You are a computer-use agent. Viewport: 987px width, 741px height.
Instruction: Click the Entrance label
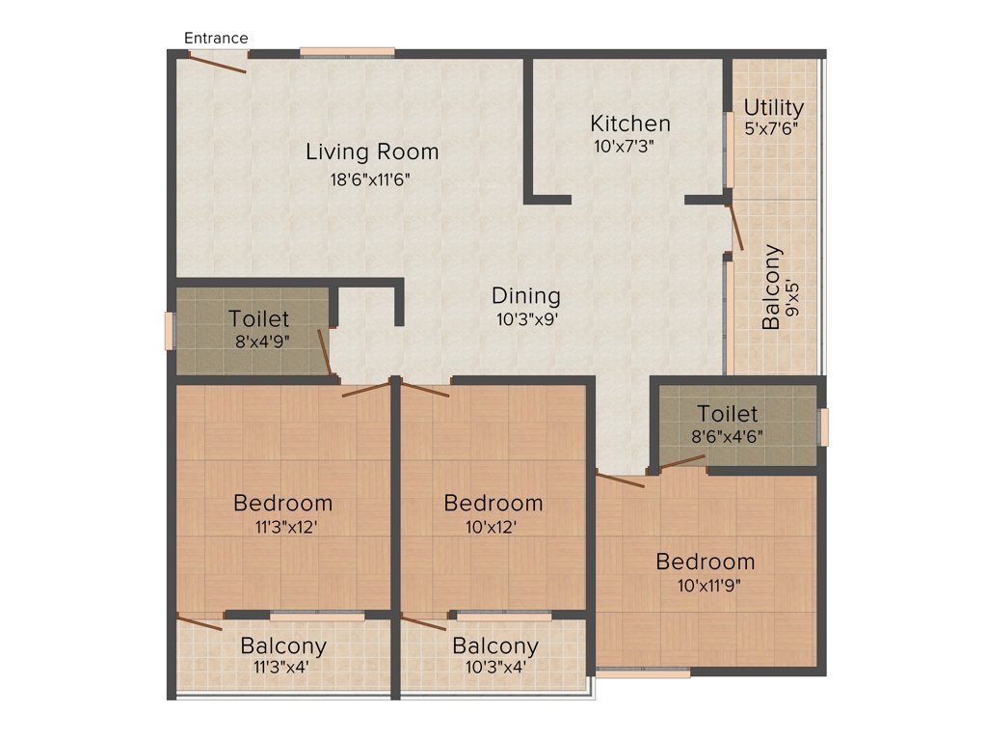tap(216, 38)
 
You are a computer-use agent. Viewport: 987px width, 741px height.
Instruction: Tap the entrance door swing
tap(217, 63)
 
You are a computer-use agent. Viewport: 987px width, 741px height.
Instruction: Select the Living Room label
tap(372, 151)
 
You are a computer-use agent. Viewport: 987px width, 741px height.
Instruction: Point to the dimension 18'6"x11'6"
tap(372, 178)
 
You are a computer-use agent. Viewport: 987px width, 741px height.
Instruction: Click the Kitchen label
tap(630, 123)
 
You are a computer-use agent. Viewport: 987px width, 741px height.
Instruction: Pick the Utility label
tap(773, 107)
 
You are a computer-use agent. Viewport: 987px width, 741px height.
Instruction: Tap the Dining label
tap(525, 296)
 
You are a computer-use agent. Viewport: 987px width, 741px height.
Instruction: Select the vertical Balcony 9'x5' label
tap(772, 288)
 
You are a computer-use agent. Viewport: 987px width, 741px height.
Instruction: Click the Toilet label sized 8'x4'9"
tap(258, 318)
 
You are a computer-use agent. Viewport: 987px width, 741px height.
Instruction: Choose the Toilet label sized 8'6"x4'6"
tap(728, 415)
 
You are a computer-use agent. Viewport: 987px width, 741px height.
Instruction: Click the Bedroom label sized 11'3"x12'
tap(283, 503)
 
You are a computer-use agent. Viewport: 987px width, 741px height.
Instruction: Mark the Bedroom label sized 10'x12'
tap(493, 503)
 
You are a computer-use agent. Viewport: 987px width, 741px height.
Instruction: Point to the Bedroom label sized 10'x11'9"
tap(706, 562)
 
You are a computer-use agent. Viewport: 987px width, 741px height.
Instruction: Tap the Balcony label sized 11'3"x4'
tap(283, 645)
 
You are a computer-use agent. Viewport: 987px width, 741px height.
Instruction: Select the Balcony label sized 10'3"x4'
tap(495, 645)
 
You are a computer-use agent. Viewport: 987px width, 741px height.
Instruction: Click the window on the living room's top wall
tap(347, 52)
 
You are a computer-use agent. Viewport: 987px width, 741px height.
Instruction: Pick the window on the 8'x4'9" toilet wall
tap(170, 331)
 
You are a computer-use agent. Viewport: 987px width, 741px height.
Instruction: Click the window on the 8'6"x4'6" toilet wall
tap(823, 426)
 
